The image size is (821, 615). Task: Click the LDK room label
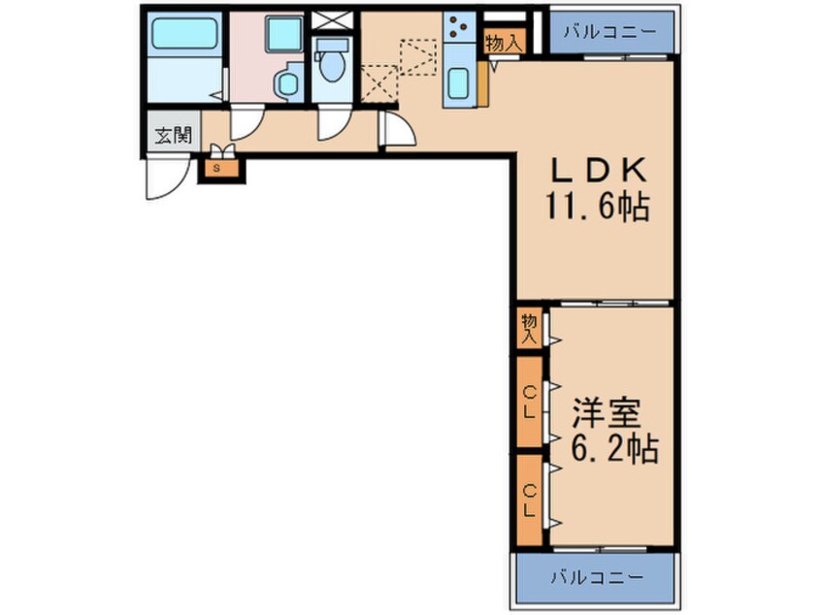[598, 171]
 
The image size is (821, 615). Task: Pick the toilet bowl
[333, 64]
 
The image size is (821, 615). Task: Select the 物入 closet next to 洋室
[529, 329]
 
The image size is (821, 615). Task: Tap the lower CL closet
[529, 499]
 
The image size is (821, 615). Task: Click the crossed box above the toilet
[333, 19]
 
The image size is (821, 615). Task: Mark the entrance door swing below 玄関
[166, 177]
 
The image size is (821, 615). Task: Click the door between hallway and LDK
[396, 129]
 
